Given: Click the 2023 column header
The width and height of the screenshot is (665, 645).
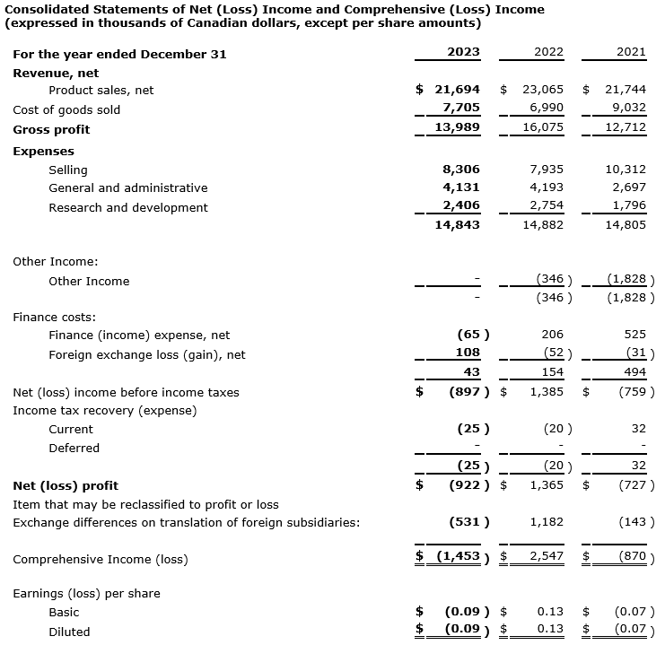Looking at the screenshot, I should (x=463, y=52).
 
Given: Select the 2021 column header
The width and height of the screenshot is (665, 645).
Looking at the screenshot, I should (x=631, y=52).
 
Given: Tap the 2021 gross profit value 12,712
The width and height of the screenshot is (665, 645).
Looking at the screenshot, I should (x=626, y=128).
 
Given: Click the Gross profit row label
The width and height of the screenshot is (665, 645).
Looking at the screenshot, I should (x=51, y=129).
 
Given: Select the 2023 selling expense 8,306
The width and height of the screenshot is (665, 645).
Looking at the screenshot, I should (x=461, y=169).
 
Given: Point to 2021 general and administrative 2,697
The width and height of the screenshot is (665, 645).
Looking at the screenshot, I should (x=630, y=187).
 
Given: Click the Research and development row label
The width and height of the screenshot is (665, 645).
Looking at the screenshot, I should (x=128, y=207).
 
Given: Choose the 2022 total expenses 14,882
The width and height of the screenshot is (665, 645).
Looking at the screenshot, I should (x=542, y=225).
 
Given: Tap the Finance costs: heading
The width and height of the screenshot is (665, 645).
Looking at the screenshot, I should (x=54, y=317).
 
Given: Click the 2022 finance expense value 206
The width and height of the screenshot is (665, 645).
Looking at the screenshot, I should (x=552, y=335).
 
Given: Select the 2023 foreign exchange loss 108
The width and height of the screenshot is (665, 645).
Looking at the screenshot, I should (x=468, y=353).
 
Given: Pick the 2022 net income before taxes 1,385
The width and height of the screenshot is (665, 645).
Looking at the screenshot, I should (x=546, y=392).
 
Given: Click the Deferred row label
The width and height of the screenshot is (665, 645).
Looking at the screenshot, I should (x=74, y=448).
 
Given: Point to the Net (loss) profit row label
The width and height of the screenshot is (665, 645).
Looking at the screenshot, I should (x=66, y=485).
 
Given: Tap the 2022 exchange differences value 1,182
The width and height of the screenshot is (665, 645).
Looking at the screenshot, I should (x=546, y=521).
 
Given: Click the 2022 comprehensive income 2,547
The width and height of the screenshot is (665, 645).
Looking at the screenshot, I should (x=546, y=557).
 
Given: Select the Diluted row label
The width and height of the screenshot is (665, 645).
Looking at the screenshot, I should (x=69, y=632).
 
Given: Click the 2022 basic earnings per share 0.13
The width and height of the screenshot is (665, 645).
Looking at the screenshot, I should (x=550, y=612).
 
